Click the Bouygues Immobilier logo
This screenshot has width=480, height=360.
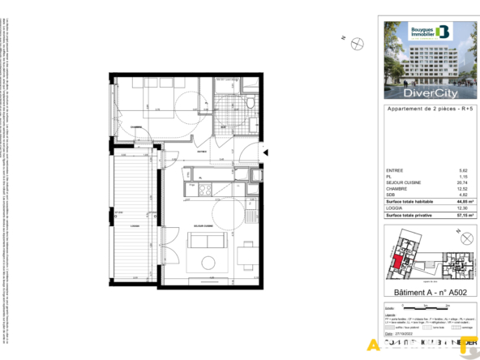(430, 32)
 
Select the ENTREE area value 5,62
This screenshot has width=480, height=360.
(464, 170)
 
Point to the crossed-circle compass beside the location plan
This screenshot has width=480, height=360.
(466, 238)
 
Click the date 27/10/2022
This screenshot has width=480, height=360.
(403, 332)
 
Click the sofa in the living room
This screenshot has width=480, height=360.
(203, 239)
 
